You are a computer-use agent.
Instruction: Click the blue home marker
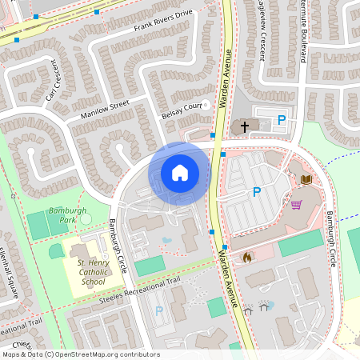click(180, 172)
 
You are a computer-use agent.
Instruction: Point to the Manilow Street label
click(104, 110)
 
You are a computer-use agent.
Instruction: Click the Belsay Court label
click(180, 110)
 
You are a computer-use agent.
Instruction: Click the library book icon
click(305, 179)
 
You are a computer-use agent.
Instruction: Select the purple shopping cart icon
click(296, 205)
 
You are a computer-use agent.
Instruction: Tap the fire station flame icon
click(246, 258)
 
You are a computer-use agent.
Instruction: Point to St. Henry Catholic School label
click(90, 272)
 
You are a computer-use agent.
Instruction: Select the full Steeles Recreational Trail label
click(140, 290)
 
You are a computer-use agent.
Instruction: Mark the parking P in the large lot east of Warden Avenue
click(256, 192)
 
